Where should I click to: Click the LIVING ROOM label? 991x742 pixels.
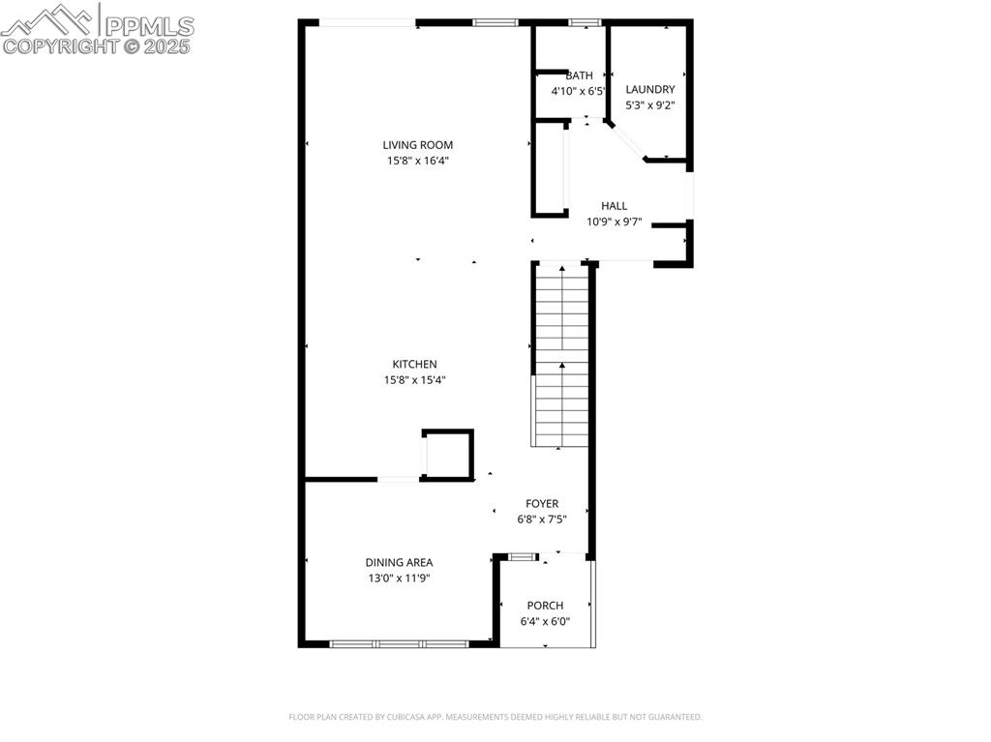point(417,145)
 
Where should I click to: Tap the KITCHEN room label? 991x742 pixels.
point(414,365)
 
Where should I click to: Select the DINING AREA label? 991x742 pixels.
point(399,562)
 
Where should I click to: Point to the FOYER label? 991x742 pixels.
point(542,504)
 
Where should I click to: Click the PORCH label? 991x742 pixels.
point(545,606)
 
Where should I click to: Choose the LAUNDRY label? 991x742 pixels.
point(650,90)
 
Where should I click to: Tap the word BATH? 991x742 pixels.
point(580,75)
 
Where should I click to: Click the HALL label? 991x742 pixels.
point(614,206)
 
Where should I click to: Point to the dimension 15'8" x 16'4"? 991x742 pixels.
point(417,161)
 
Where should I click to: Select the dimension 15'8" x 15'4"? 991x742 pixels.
point(414,380)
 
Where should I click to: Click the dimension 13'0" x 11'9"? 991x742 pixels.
point(399,578)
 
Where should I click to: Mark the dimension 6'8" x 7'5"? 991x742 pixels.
point(542,519)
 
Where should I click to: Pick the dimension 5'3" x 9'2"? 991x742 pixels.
point(650,105)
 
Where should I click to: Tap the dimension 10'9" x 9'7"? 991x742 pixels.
point(614,222)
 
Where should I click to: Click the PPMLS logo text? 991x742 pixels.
point(148,26)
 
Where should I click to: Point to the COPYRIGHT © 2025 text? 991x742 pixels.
point(97,45)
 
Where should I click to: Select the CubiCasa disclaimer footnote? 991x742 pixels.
point(495,717)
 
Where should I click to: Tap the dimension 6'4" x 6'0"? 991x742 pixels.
point(545,621)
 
